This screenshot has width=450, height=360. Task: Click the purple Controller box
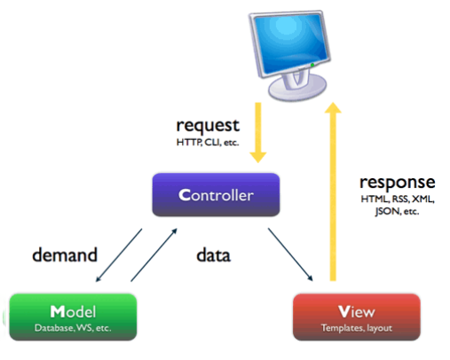[x=216, y=195]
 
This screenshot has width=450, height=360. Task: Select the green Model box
[x=73, y=317]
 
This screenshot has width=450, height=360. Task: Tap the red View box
[x=357, y=317]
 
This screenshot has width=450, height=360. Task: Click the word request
[x=208, y=126]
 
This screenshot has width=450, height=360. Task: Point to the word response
[x=398, y=183]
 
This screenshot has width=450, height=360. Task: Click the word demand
[x=65, y=254]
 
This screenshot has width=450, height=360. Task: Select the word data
[x=213, y=255]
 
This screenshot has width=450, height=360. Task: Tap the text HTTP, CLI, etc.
[x=208, y=143]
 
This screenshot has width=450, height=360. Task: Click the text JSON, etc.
[x=397, y=211]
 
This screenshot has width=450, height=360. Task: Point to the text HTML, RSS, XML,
[x=398, y=199]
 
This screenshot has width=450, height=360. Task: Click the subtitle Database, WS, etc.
[x=73, y=328]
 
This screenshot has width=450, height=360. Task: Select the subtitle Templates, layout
[x=357, y=328]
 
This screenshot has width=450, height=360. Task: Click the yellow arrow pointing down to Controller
[x=258, y=132]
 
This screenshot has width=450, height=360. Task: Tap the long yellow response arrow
[x=333, y=192]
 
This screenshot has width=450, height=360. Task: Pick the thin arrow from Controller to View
[x=290, y=254]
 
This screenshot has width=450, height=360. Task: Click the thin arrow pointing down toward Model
[x=119, y=255]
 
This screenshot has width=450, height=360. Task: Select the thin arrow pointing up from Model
[x=154, y=254]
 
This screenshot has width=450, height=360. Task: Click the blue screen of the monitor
[x=292, y=43]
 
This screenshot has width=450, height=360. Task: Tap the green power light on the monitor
[x=312, y=65]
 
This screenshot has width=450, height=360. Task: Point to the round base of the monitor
[x=297, y=89]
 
